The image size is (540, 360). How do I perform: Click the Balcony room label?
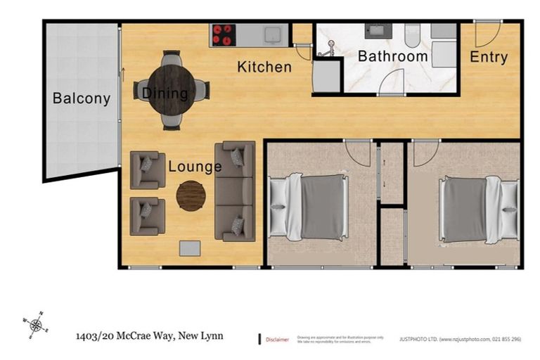point(82,98)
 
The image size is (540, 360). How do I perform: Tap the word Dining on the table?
point(165,93)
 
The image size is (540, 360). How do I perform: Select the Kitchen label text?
point(264,67)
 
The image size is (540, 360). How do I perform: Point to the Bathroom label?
point(392,56)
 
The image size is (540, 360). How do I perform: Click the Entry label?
point(488,57)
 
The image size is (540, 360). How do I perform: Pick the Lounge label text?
point(195,167)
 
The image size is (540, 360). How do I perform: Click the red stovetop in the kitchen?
point(224,34)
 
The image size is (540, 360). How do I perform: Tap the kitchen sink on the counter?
point(271,34)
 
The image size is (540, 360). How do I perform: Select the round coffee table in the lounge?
point(191,196)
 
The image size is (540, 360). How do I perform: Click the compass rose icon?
point(37,325)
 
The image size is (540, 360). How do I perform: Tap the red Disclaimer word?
point(277,340)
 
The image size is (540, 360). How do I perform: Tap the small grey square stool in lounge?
point(189,248)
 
